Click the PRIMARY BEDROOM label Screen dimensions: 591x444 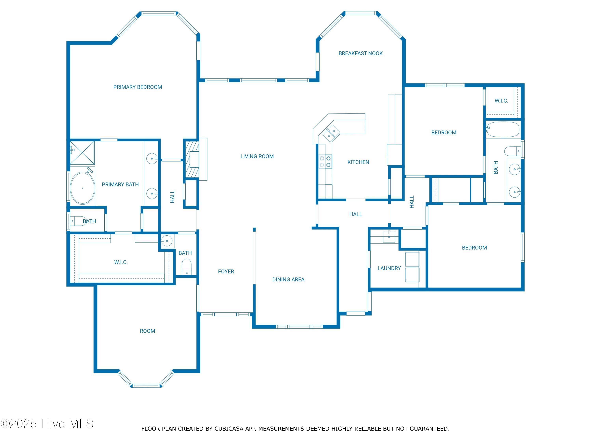coord(138,87)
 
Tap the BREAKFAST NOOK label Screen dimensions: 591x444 coord(361,53)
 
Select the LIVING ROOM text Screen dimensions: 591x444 coord(257,156)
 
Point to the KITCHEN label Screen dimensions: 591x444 coord(358,162)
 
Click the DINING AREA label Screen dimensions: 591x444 coord(288,280)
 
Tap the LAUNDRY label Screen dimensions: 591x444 coord(389,268)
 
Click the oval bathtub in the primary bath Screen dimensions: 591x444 coord(83,188)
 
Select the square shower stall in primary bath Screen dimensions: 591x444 coord(82,153)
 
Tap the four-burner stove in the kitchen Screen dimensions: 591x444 coord(325,162)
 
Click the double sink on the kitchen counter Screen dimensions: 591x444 coord(331,133)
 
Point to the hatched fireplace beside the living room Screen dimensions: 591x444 coord(192,159)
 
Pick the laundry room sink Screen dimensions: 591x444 coord(389,237)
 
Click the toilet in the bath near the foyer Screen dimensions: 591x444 coord(187,267)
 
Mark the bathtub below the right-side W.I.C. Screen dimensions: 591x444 coord(503,129)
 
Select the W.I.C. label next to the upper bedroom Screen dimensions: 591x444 coord(501,101)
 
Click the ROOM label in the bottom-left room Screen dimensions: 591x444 coord(148,331)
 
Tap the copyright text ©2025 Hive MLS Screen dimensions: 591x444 coord(47,424)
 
